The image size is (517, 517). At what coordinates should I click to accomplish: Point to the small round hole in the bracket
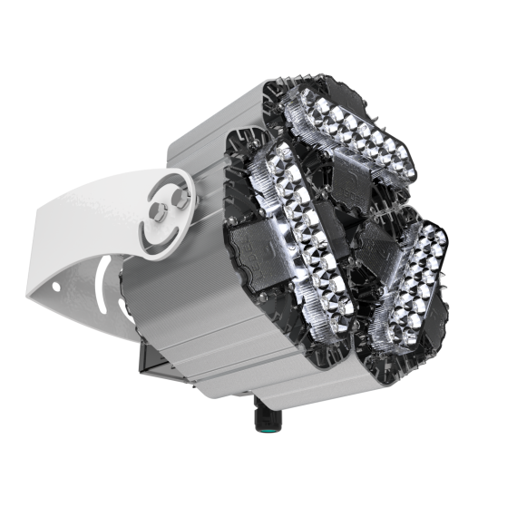[x=56, y=288]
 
